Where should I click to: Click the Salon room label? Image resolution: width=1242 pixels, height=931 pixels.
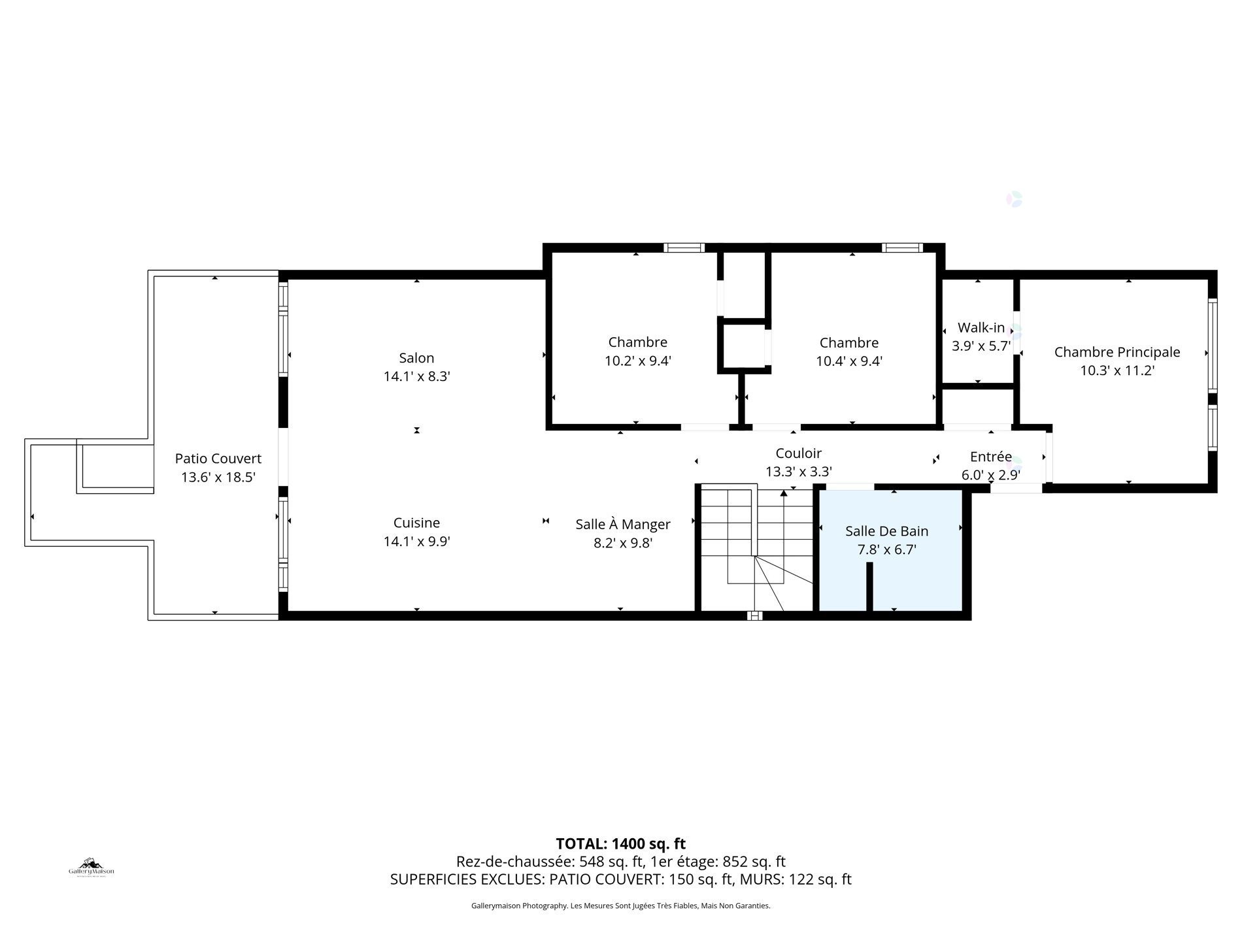(416, 358)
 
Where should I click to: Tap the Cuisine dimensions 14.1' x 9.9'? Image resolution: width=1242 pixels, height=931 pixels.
(416, 542)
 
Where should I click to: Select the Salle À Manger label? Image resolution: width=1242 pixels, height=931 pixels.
(622, 525)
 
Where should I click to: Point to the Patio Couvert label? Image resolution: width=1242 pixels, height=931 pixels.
(218, 459)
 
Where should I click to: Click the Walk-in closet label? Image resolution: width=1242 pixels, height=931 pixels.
(981, 328)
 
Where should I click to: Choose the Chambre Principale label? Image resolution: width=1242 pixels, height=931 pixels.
(1116, 352)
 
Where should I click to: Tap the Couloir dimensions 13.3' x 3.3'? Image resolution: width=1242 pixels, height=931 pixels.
(798, 472)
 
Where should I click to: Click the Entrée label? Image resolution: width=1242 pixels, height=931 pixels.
(990, 457)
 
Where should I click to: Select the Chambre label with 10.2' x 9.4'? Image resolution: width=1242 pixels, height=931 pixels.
(637, 342)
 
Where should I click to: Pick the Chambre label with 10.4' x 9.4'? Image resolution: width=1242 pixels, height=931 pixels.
(848, 343)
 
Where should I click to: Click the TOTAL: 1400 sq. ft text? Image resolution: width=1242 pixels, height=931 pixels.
(620, 843)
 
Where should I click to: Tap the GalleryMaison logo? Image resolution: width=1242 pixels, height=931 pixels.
(92, 868)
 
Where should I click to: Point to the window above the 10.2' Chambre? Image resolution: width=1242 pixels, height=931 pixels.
(684, 248)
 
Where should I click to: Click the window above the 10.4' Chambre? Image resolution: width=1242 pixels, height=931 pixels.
(901, 248)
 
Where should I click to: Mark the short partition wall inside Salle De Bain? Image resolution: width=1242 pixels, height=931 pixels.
(869, 586)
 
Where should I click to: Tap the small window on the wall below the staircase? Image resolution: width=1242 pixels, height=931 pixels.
(754, 615)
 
